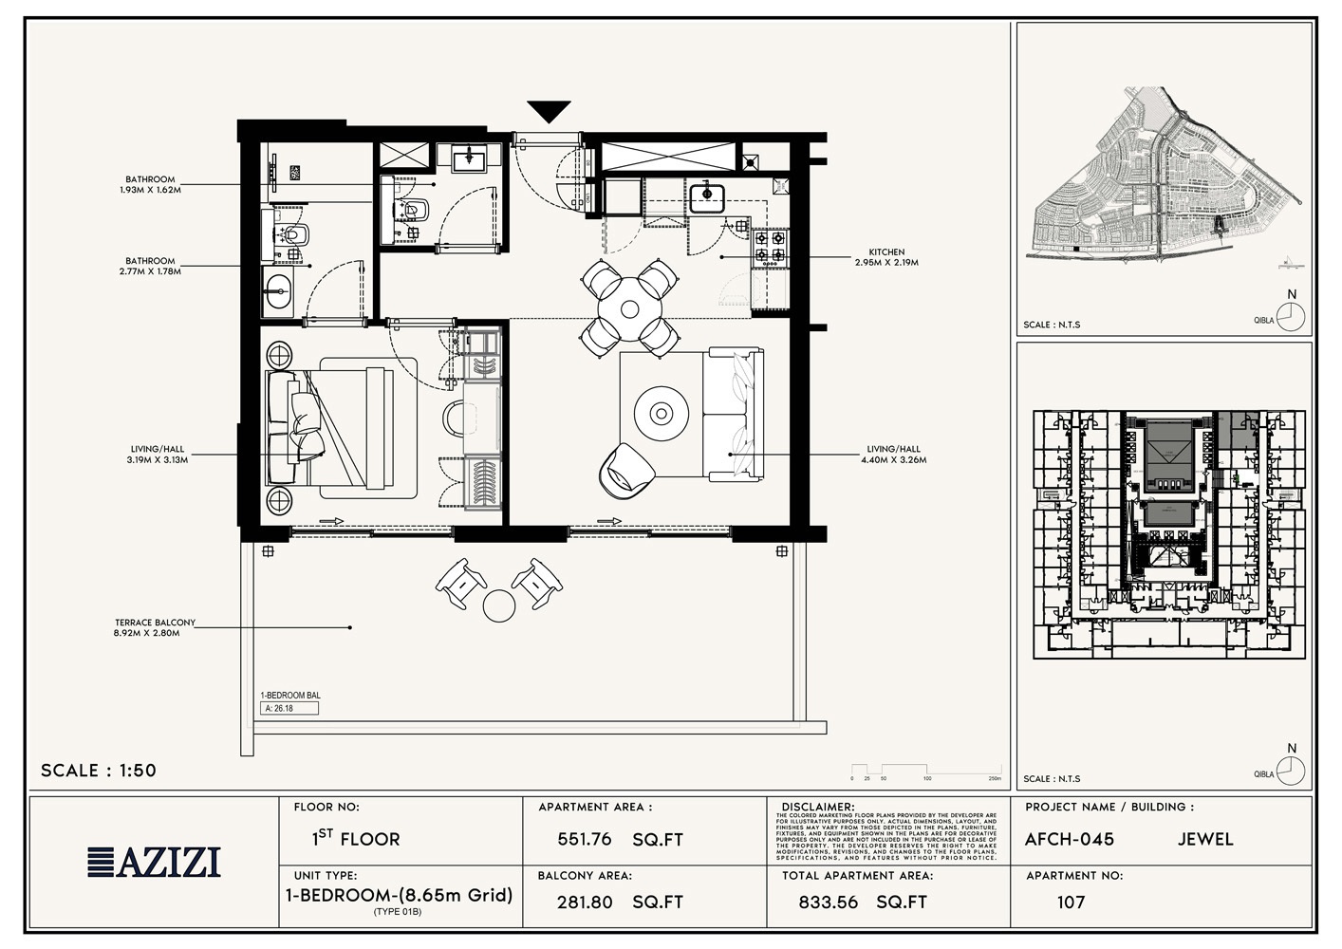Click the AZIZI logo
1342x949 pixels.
[x=155, y=862]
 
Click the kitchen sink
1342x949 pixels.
[x=707, y=196]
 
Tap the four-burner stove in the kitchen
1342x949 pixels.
[x=770, y=247]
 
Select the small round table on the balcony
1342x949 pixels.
[x=499, y=605]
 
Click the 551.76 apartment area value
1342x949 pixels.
[x=585, y=840]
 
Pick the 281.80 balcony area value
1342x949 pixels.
[x=585, y=902]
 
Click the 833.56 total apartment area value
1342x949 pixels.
[x=828, y=902]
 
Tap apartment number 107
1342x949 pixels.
[x=1071, y=902]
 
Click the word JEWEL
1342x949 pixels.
[x=1205, y=840]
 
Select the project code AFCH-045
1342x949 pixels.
[x=1070, y=840]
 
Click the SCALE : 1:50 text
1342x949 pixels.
[x=99, y=771]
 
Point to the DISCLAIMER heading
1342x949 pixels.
[x=817, y=807]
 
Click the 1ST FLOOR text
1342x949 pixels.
[x=356, y=839]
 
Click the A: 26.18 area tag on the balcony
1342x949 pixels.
[x=289, y=708]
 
